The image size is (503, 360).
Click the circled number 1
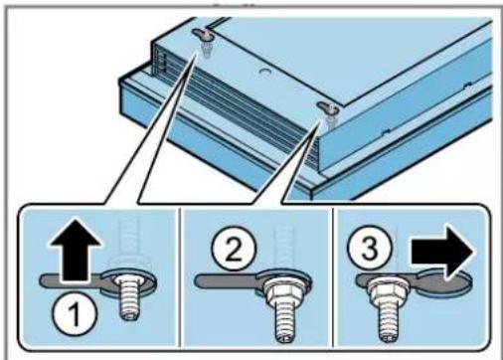click(75, 313)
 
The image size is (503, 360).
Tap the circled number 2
click(235, 249)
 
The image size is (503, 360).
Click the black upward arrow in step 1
click(76, 250)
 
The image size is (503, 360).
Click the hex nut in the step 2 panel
click(284, 291)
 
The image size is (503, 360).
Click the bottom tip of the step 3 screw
click(387, 340)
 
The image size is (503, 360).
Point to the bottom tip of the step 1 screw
click(129, 316)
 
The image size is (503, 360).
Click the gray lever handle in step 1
click(72, 281)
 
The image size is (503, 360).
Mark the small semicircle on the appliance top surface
click(264, 72)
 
